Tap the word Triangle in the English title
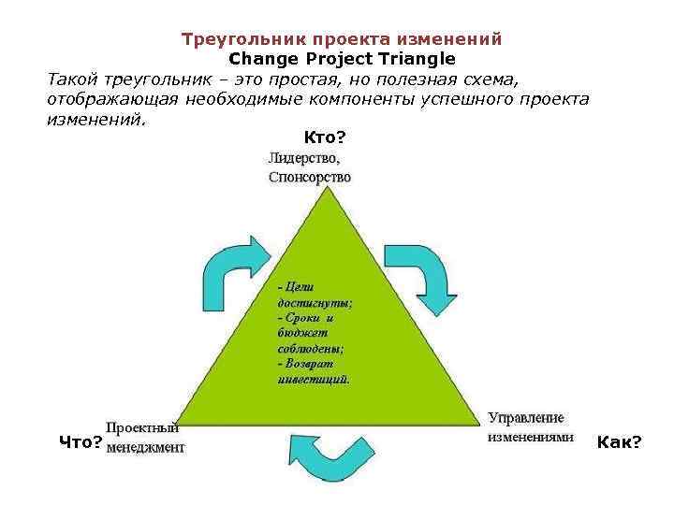pos(416,58)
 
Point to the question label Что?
pos(80,441)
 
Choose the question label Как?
pos(619,441)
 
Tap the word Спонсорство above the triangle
pos(310,176)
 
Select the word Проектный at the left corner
pos(142,427)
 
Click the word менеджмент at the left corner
pos(145,447)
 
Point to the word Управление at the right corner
pos(526,417)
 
